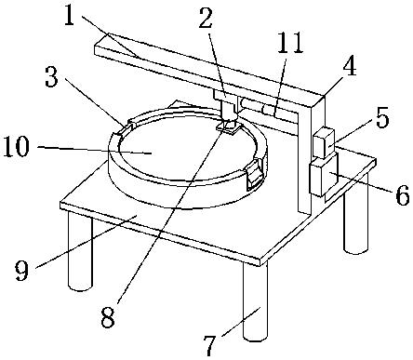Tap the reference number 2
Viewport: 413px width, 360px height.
coord(206,18)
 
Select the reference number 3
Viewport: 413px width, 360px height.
coord(51,77)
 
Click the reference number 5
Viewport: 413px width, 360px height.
coord(382,118)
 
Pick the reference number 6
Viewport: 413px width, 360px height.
coord(403,195)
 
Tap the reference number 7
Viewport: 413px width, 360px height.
coord(209,346)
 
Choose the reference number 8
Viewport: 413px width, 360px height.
coord(108,317)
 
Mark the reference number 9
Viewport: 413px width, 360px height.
coord(21,270)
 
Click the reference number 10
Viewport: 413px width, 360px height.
coord(17,146)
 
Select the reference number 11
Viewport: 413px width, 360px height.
coord(289,43)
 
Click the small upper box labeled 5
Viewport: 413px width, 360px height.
coord(324,143)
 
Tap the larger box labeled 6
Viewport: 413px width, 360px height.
coord(323,176)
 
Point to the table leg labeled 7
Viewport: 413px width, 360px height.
coord(255,301)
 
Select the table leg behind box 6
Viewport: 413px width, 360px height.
coord(356,220)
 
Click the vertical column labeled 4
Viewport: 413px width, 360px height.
coord(311,155)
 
